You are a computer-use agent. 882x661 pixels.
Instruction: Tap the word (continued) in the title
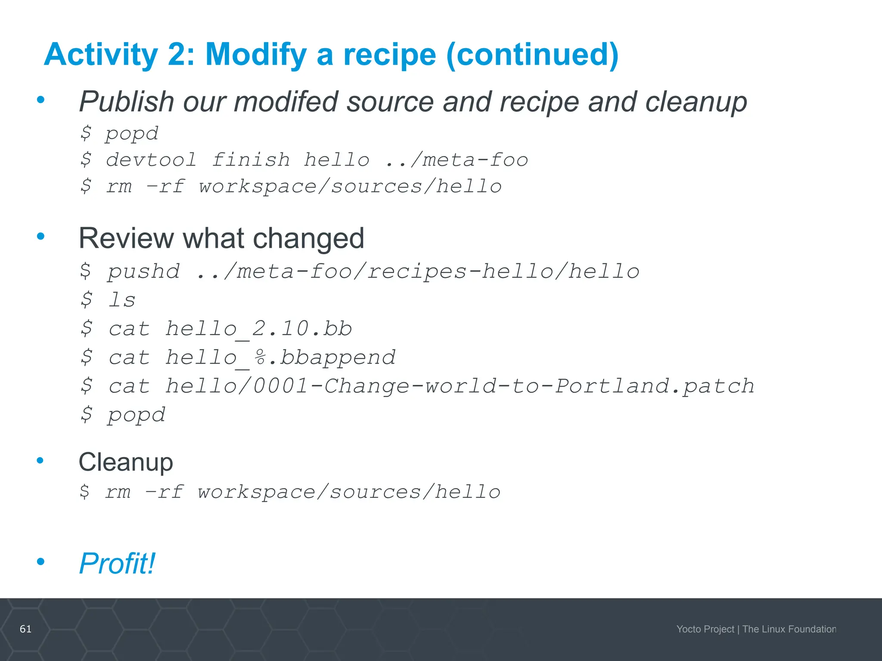(x=532, y=55)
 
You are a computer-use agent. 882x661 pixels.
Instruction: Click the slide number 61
(x=26, y=629)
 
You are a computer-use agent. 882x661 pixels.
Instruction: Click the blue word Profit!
(x=117, y=563)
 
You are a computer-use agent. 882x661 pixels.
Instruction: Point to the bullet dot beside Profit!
(x=41, y=561)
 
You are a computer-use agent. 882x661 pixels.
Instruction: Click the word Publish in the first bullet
(x=126, y=102)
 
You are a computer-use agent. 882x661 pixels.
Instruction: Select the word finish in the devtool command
(x=251, y=160)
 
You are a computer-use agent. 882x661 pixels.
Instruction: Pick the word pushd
(x=144, y=272)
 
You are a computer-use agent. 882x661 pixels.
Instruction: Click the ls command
(x=122, y=300)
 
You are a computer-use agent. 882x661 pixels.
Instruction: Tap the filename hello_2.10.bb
(x=259, y=329)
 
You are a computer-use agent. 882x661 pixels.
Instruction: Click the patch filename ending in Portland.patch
(x=460, y=386)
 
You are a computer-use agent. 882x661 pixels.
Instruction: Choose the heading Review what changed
(x=221, y=238)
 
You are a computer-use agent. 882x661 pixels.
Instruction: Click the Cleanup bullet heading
(x=126, y=462)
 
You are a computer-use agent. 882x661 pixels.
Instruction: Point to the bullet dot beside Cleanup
(x=40, y=460)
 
